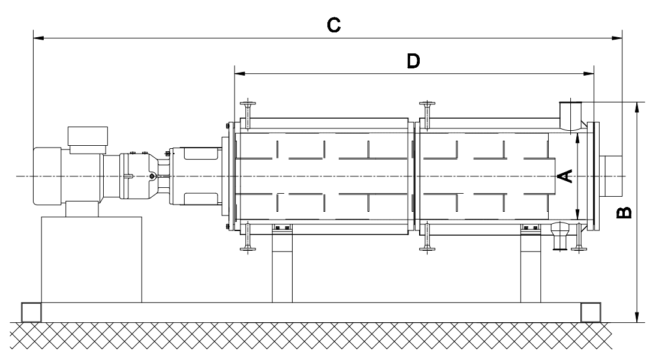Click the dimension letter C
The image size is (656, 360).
[333, 25]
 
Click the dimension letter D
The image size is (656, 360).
[413, 61]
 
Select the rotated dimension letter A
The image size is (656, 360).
[565, 175]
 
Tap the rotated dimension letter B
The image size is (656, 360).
[624, 212]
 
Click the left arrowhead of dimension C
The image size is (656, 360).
[37, 39]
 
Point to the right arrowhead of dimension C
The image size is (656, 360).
[617, 39]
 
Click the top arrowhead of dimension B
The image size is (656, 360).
[637, 106]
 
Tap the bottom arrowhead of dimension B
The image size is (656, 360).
[637, 317]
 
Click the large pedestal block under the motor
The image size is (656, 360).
[91, 259]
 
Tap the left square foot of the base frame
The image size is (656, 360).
[31, 312]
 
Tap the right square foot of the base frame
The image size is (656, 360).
[590, 312]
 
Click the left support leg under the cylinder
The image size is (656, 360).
[282, 267]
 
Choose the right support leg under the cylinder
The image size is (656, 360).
[531, 267]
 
